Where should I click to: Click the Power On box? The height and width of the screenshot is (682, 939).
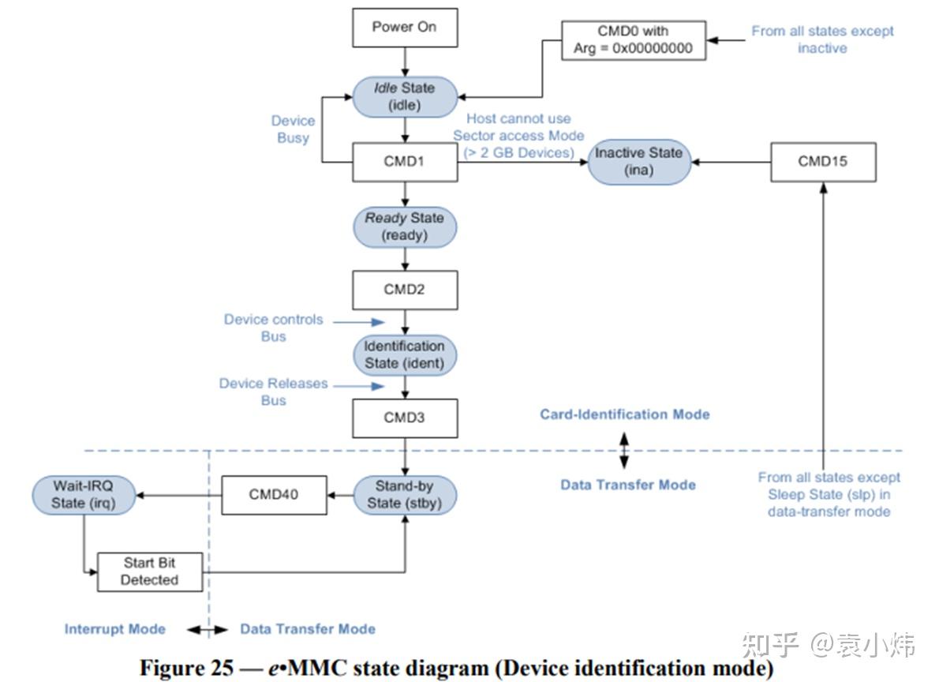(404, 27)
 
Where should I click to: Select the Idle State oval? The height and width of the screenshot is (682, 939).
(404, 96)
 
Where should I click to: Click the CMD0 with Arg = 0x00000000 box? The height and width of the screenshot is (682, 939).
(633, 39)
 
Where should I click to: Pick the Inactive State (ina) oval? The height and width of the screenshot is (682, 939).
(638, 161)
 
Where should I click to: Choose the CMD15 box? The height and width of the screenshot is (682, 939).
(823, 162)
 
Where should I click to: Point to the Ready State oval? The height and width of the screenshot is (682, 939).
(404, 227)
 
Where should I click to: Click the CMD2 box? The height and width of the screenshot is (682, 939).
(404, 290)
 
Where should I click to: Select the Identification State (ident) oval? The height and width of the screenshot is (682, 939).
(404, 354)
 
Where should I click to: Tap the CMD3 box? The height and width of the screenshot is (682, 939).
(404, 418)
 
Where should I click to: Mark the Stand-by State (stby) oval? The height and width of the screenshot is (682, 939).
(404, 495)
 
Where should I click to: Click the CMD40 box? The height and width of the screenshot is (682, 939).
(273, 496)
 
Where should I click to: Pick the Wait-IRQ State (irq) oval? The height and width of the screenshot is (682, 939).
(84, 495)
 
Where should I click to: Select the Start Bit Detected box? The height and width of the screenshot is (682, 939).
(149, 571)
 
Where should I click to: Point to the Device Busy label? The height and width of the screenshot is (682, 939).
(293, 129)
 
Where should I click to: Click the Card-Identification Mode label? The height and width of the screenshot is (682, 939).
(624, 414)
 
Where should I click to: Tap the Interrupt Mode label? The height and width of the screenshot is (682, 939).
(115, 629)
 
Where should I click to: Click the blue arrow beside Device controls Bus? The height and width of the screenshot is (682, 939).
(358, 322)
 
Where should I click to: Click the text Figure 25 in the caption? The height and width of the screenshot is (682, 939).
(186, 668)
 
